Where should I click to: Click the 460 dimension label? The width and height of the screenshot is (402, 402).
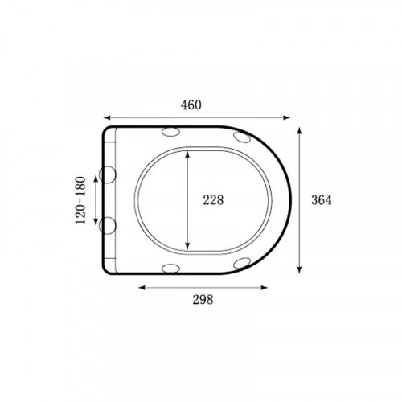click(191, 105)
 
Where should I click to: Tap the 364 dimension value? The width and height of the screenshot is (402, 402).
click(322, 200)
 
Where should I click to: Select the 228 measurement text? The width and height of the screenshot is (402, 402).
click(213, 200)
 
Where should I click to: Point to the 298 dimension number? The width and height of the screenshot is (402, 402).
click(203, 299)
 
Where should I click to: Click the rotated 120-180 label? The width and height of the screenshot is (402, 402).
click(80, 200)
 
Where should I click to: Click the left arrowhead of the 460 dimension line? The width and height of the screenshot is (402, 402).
click(107, 117)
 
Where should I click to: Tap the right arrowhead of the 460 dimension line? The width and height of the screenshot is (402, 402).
click(286, 117)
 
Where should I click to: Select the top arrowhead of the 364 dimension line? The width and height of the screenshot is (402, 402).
click(300, 131)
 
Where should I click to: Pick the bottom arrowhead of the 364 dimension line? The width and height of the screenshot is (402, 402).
click(300, 269)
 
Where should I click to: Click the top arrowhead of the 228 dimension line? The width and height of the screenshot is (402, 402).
click(187, 154)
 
